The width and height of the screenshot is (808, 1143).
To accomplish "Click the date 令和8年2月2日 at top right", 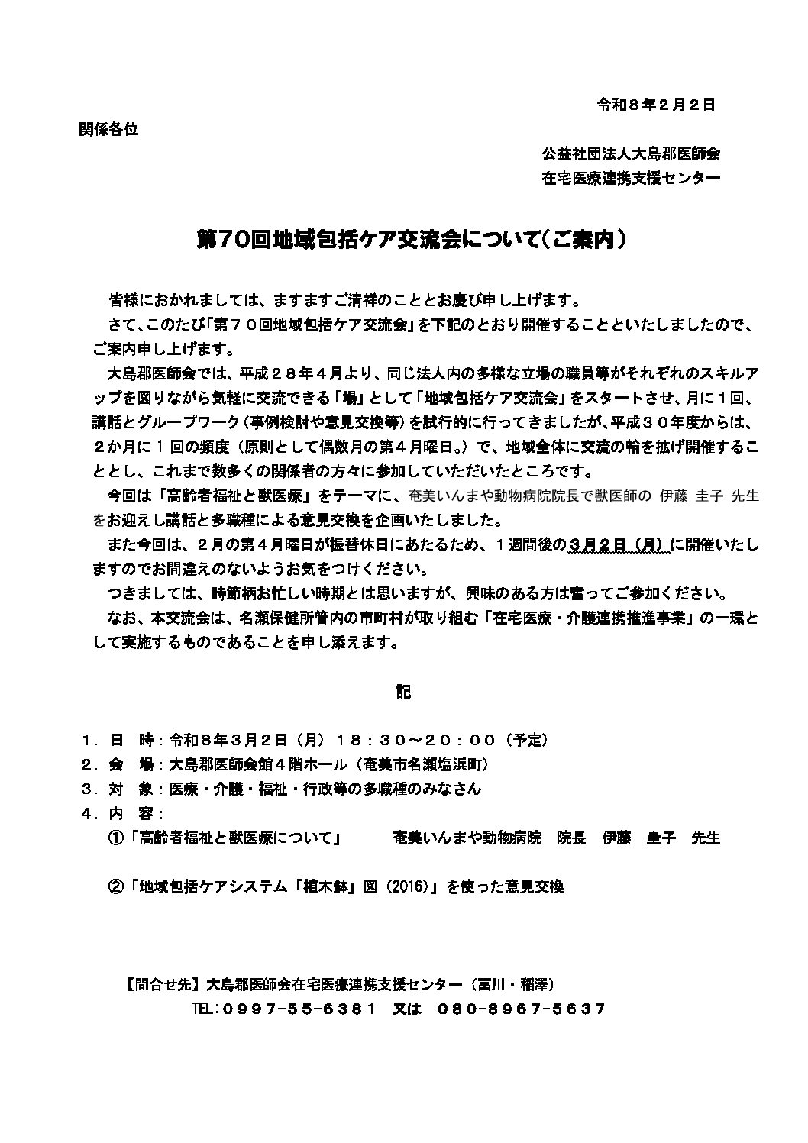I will point(655,105).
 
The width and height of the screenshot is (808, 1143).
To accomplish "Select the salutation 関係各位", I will point(109,129).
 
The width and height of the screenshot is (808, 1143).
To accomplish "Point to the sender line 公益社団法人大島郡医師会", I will point(631,153).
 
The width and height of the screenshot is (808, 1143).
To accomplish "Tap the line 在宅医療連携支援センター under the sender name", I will point(631,179).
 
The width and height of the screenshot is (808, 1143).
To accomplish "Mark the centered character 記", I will point(403,692).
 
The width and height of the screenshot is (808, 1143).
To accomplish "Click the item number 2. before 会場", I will point(89,765).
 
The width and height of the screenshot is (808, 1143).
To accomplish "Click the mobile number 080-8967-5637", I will point(522,1009).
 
